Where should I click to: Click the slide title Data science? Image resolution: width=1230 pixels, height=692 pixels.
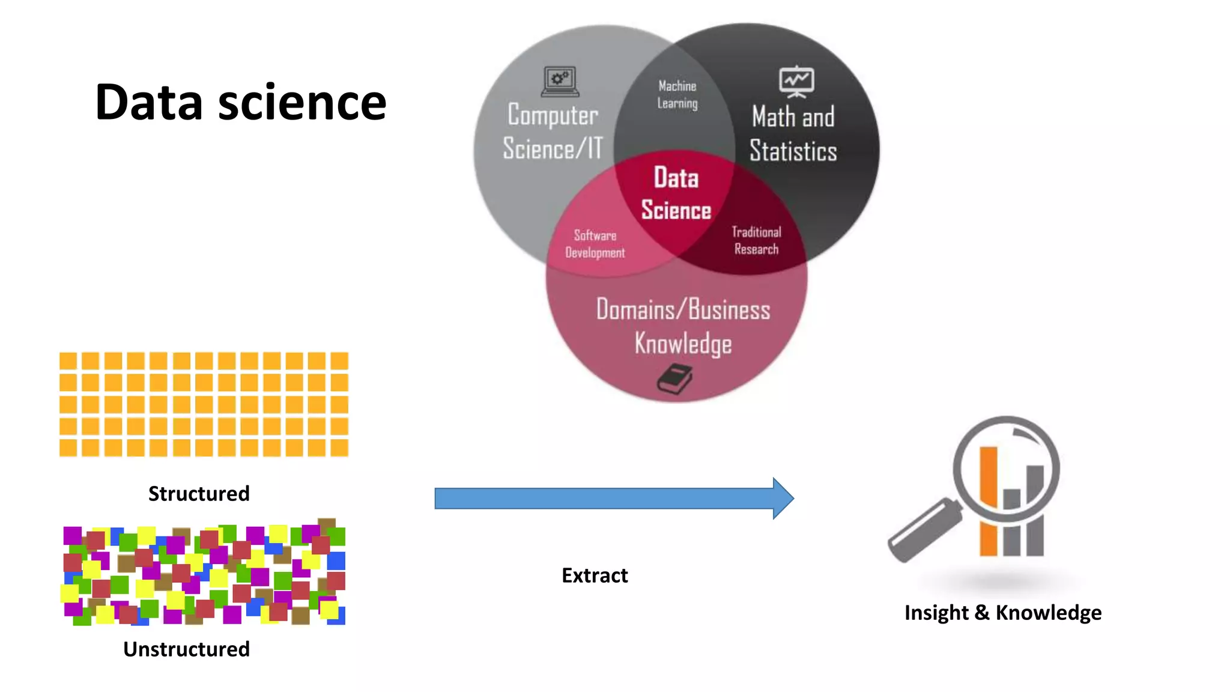240,102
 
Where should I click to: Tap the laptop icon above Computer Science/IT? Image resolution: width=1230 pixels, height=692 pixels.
560,81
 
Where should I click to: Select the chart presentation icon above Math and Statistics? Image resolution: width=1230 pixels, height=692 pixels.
796,81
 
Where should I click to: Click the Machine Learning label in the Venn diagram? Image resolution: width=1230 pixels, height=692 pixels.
677,95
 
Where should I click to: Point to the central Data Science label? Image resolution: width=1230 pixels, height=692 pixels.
676,194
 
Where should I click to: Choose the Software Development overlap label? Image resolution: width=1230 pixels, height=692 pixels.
595,244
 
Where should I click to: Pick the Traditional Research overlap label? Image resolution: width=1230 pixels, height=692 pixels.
756,240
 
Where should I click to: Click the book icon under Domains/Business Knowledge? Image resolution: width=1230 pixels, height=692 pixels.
674,379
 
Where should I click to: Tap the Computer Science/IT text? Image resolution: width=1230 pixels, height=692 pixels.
553,132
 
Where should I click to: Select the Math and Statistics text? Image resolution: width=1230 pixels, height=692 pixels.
793,133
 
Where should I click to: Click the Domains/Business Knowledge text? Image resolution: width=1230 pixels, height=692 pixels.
683,326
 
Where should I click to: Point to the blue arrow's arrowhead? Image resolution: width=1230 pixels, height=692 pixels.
783,498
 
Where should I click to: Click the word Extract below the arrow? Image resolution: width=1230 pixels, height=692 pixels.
595,575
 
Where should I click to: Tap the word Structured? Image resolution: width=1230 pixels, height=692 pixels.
199,493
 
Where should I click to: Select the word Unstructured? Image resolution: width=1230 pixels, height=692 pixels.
186,649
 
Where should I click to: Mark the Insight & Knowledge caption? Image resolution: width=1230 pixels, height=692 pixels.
1003,613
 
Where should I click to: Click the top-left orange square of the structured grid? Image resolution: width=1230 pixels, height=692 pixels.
68,361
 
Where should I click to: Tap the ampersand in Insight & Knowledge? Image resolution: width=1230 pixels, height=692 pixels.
982,613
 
